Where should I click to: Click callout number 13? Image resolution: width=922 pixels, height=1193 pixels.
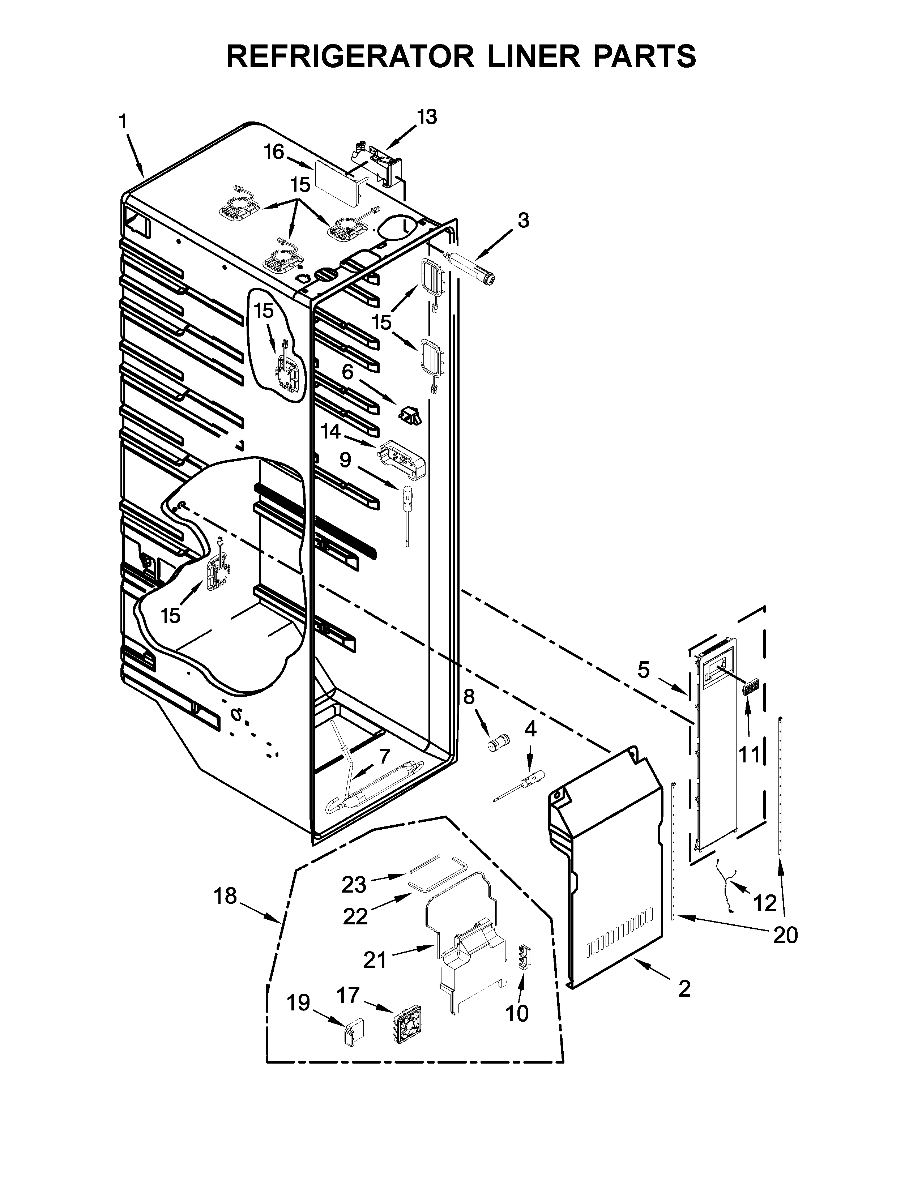427,117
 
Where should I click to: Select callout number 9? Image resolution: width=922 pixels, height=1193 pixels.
345,460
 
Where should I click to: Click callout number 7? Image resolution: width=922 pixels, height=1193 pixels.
384,757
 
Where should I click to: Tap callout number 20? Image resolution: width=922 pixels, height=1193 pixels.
785,936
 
